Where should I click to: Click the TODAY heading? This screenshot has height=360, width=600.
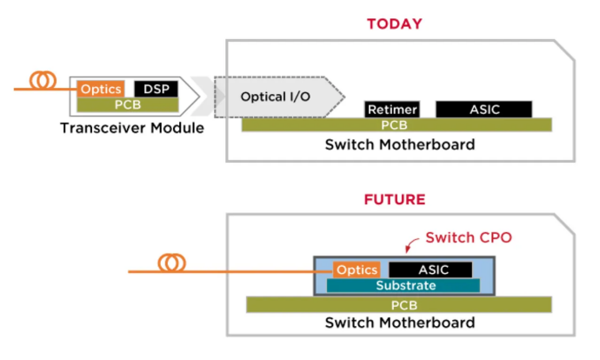click(x=394, y=23)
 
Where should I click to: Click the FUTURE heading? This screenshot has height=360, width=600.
click(x=394, y=200)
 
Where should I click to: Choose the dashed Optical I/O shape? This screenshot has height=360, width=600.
click(x=278, y=95)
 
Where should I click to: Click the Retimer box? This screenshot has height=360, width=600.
click(x=392, y=110)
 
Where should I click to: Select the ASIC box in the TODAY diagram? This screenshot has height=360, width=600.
click(x=483, y=110)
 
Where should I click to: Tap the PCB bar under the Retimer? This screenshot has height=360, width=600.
click(x=397, y=125)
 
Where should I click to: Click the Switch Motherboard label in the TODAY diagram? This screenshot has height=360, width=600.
click(x=400, y=143)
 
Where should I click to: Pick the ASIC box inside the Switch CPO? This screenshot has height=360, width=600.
click(x=430, y=270)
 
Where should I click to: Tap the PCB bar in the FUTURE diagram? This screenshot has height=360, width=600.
click(x=399, y=304)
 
